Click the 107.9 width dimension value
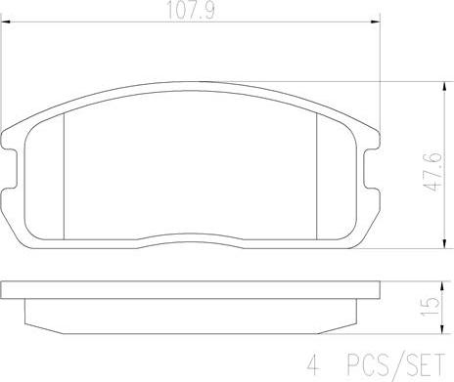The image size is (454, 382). click(191, 10)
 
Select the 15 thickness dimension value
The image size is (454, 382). click(430, 307)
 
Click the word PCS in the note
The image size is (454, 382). click(367, 364)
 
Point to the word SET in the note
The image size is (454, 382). click(424, 364)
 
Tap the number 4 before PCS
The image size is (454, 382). click(313, 365)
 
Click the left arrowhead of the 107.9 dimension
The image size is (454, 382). click(7, 21)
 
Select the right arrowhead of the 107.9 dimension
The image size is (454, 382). click(376, 21)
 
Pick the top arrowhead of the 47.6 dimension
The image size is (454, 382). click(444, 87)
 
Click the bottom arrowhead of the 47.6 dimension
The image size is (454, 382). click(444, 243)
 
